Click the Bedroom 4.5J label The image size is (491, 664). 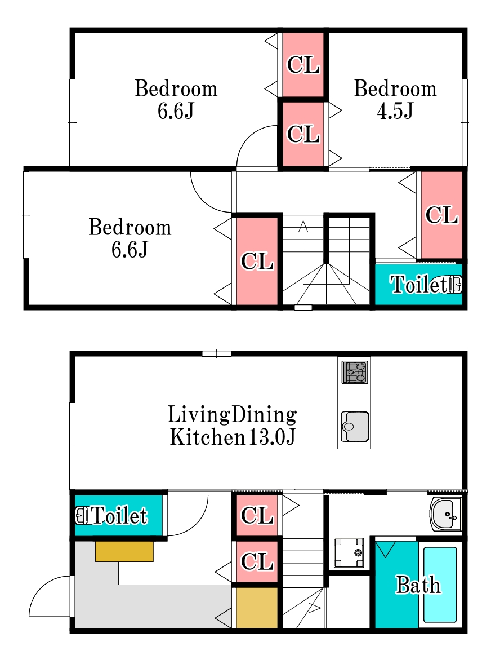tap(395, 100)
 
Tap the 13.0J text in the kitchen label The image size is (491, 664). tap(271, 437)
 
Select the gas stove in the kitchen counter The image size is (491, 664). tap(354, 372)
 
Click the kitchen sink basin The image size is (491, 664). tap(354, 427)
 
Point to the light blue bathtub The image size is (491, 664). tap(440, 585)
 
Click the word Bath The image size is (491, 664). tap(418, 585)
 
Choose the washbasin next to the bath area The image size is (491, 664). tap(445, 514)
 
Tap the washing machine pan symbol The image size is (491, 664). tap(349, 552)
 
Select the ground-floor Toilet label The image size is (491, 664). tap(119, 515)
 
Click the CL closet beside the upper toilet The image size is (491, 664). tap(441, 215)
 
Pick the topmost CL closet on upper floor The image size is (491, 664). tap(303, 65)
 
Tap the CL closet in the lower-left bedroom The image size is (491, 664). tap(257, 262)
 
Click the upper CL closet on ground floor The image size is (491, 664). tap(257, 515)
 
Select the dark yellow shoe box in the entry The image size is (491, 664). tap(124, 551)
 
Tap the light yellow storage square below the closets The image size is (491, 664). tap(257, 608)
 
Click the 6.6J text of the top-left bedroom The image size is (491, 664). tap(176, 111)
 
